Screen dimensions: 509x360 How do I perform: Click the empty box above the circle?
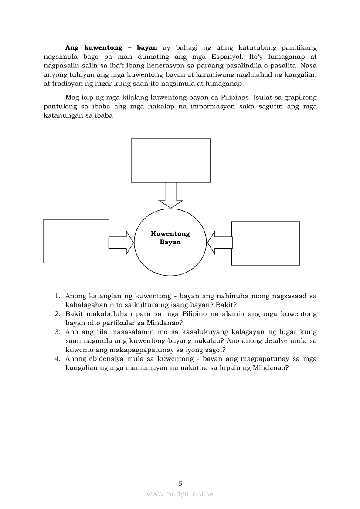pyautogui.click(x=170, y=160)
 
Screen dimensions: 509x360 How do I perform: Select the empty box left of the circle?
pyautogui.click(x=76, y=241)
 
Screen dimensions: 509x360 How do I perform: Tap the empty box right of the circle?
pyautogui.click(x=265, y=243)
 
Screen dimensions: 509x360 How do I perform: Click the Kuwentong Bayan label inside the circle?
pyautogui.click(x=170, y=238)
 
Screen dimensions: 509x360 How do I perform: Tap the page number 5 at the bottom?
pyautogui.click(x=180, y=483)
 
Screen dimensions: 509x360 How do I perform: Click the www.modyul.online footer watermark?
pyautogui.click(x=180, y=494)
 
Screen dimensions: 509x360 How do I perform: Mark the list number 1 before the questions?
pyautogui.click(x=57, y=296)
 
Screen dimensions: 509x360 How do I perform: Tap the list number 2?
pyautogui.click(x=57, y=314)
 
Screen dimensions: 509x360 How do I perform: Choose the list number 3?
pyautogui.click(x=57, y=332)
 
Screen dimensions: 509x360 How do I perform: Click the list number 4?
pyautogui.click(x=57, y=359)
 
